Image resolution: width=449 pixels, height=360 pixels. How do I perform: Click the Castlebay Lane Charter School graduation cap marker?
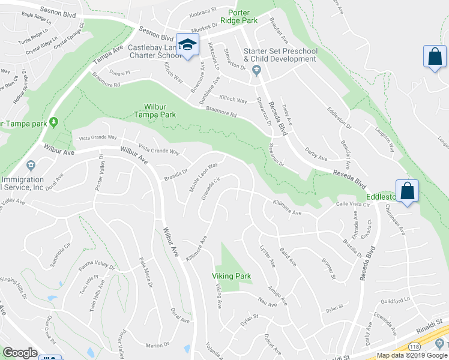click(188, 44)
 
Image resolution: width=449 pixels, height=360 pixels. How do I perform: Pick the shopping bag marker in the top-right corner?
click(434, 57)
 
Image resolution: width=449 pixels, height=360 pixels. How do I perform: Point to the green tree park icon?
click(54, 123)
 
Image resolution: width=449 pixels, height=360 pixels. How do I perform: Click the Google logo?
click(20, 353)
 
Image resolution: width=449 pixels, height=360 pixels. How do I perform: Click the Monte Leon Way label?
click(203, 177)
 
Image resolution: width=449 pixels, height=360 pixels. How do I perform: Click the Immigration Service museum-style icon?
click(31, 165)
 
